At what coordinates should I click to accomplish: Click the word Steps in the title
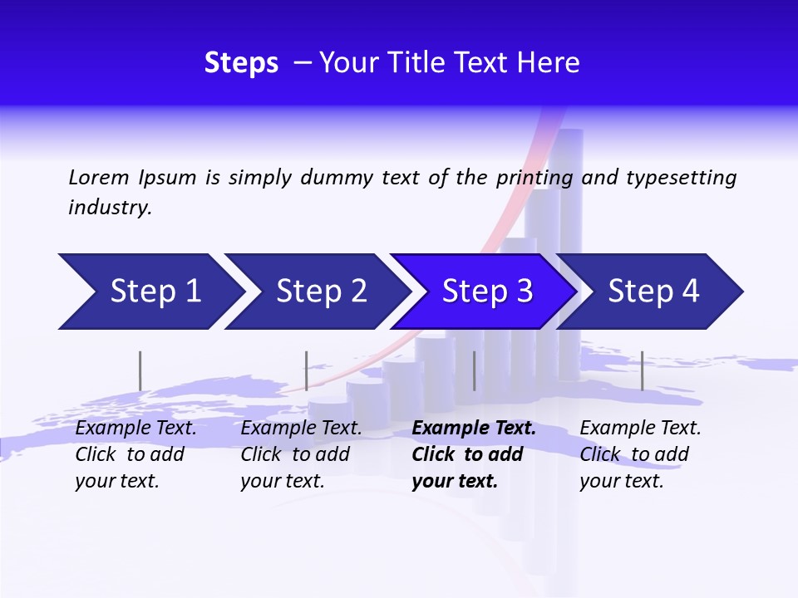pyautogui.click(x=241, y=63)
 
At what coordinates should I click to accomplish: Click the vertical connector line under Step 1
pyautogui.click(x=140, y=370)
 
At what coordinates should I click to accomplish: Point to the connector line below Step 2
pyautogui.click(x=307, y=370)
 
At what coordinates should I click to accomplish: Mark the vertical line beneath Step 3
pyautogui.click(x=474, y=370)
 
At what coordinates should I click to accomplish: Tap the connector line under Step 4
pyautogui.click(x=642, y=370)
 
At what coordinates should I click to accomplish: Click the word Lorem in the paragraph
pyautogui.click(x=99, y=178)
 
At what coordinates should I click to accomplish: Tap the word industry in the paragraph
pyautogui.click(x=110, y=208)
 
